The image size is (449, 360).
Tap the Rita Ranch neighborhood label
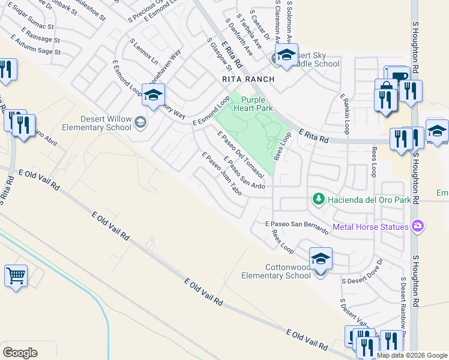point(248,79)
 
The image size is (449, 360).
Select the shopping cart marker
point(16,277)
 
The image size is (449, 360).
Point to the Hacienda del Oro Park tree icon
point(318,199)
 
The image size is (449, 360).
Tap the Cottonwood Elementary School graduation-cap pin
point(321,260)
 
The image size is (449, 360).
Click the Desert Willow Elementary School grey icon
point(140,122)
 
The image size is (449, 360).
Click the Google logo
point(20,352)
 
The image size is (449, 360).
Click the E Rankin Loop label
point(345,113)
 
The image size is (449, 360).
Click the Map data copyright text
point(412,355)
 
